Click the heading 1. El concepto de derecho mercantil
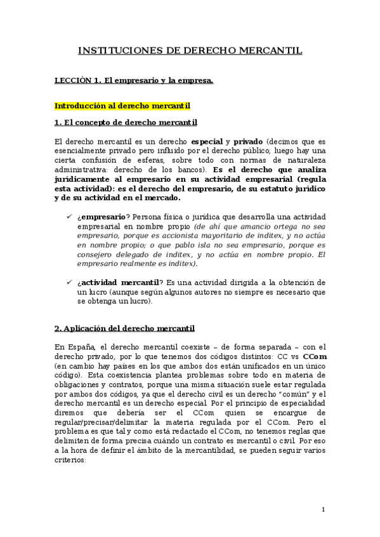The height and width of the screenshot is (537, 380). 126,122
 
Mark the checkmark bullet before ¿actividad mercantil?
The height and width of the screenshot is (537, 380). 69,282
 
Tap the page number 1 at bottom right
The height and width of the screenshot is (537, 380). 324,509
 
